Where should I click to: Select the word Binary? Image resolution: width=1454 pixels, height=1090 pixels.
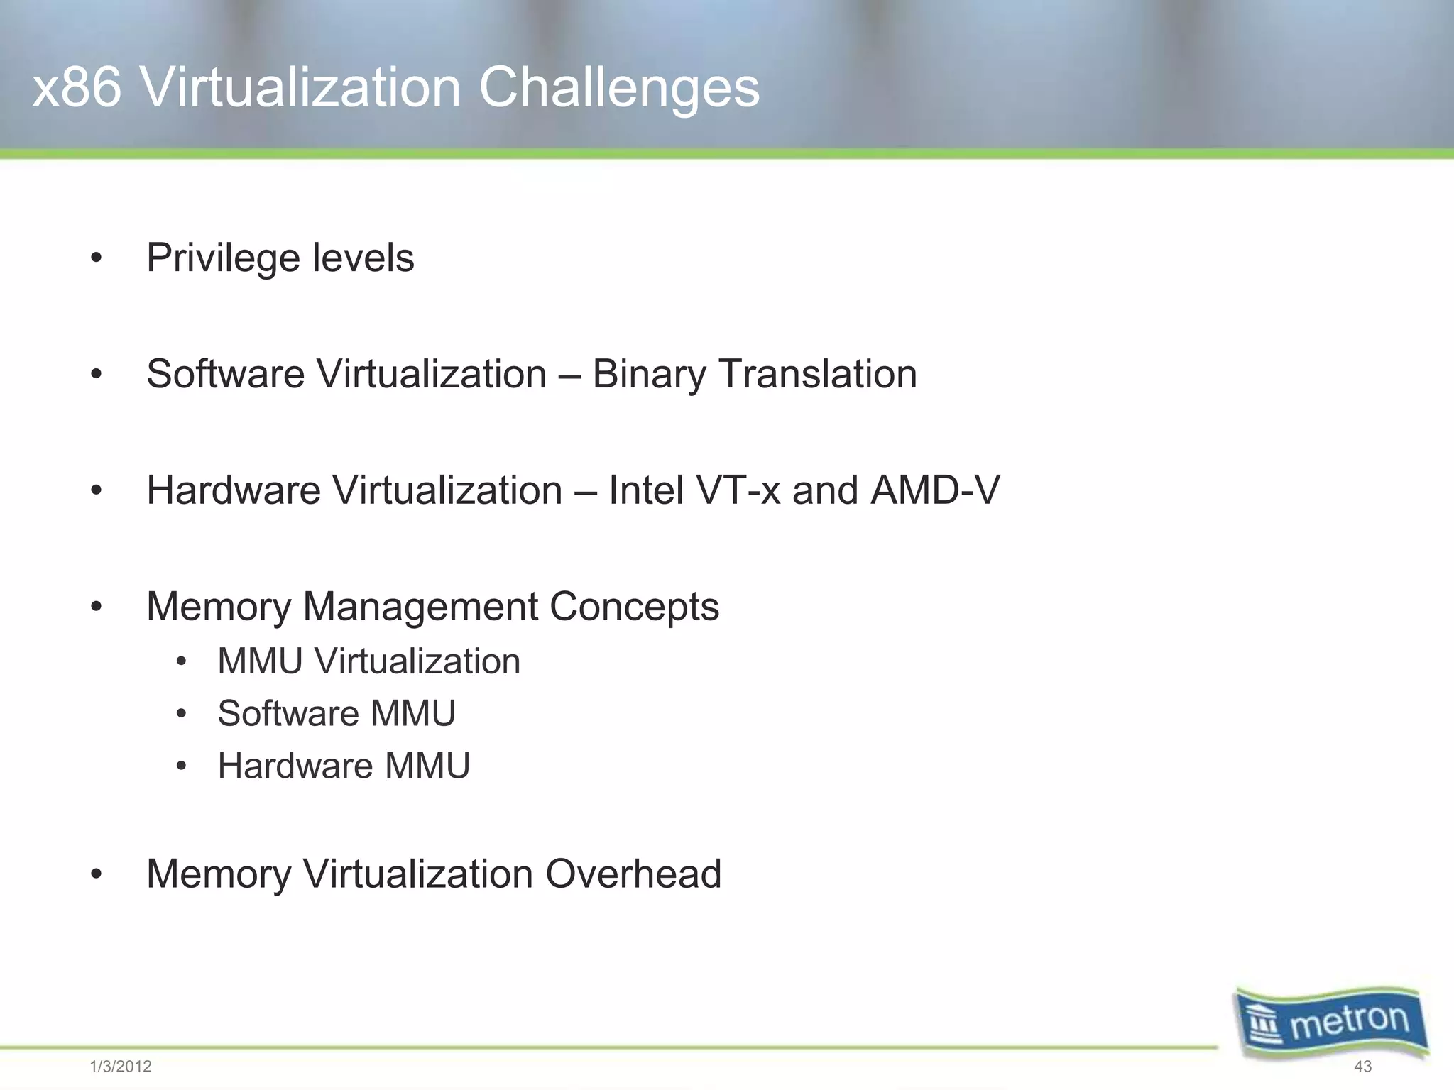pos(649,374)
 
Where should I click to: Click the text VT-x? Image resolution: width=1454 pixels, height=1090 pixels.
pos(738,490)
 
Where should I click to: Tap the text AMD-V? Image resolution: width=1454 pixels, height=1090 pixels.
pos(935,490)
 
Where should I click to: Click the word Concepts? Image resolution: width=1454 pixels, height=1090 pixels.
pos(634,607)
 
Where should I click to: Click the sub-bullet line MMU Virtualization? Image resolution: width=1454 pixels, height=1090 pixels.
pos(368,661)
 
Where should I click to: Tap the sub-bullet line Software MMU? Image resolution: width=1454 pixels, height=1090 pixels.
pos(337,713)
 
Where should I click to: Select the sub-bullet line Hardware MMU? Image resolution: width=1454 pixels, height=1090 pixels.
pos(344,766)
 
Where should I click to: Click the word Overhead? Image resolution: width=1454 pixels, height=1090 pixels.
pos(633,874)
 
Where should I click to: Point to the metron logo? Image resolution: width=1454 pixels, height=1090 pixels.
pos(1330,1023)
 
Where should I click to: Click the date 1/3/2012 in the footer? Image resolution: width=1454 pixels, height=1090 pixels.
pos(121,1067)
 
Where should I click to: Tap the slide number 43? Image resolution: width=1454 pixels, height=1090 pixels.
pos(1362,1067)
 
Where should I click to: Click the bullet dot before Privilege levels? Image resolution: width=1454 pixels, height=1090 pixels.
pos(97,258)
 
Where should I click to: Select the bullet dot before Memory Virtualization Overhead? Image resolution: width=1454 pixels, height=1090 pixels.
pos(97,874)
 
